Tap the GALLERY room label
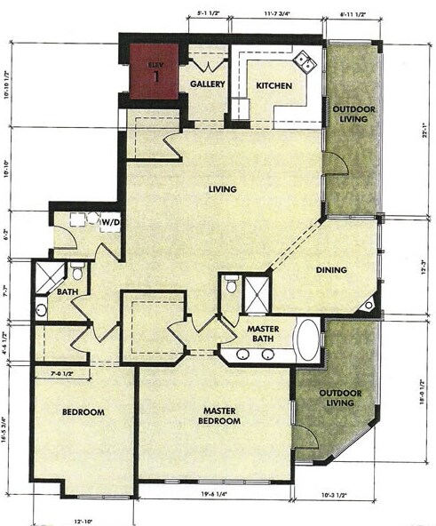coord(205,84)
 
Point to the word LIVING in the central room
coord(222,188)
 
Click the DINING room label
coord(329,270)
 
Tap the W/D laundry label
coord(110,221)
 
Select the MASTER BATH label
coord(264,334)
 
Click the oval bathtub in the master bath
coord(307,340)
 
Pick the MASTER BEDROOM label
coord(218,415)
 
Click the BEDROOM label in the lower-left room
coord(83,412)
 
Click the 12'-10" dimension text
coord(83,519)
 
